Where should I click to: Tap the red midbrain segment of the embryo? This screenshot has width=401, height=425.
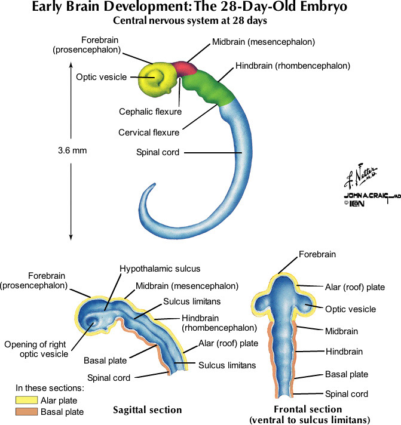tap(186, 68)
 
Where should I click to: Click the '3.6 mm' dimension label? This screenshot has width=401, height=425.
tap(72, 150)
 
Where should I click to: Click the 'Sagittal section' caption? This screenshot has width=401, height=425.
tap(147, 410)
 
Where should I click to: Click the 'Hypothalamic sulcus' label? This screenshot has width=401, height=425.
tap(160, 269)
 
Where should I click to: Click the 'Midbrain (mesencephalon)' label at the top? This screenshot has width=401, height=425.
tap(263, 42)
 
